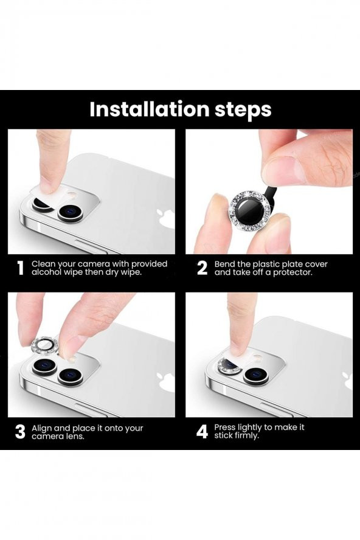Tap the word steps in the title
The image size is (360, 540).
click(x=240, y=111)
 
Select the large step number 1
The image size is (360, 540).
click(x=21, y=269)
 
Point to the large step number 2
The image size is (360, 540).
click(x=202, y=269)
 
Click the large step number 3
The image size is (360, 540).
click(x=21, y=432)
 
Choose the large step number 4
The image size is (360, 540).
click(x=202, y=432)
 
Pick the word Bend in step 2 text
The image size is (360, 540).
click(x=225, y=265)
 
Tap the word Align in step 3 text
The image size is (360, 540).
click(x=43, y=428)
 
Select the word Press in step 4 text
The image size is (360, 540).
click(x=226, y=427)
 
